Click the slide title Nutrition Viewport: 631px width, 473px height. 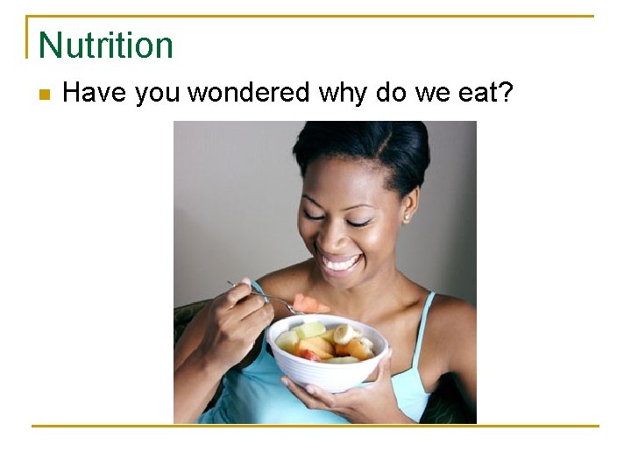pyautogui.click(x=106, y=45)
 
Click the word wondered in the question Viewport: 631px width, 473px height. pyautogui.click(x=248, y=92)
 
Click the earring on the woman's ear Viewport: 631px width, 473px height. pyautogui.click(x=406, y=216)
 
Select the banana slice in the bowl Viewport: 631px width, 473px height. pyautogui.click(x=346, y=334)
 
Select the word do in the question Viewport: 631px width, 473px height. pyautogui.click(x=391, y=92)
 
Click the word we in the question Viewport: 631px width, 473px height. pyautogui.click(x=433, y=93)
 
